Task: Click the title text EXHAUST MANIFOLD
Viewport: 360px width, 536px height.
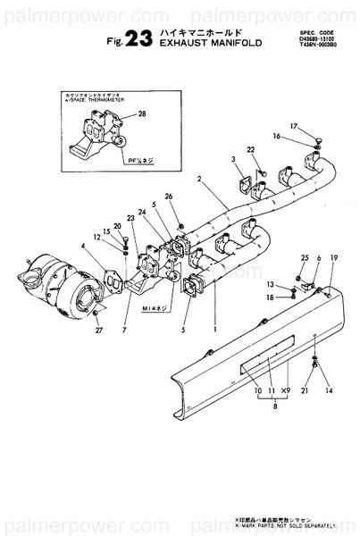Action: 211,41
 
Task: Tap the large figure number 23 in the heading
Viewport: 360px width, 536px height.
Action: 140,37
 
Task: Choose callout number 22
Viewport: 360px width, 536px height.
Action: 251,149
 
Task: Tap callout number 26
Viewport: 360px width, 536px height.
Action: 168,197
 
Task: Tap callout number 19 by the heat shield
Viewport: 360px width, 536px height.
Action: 335,258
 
